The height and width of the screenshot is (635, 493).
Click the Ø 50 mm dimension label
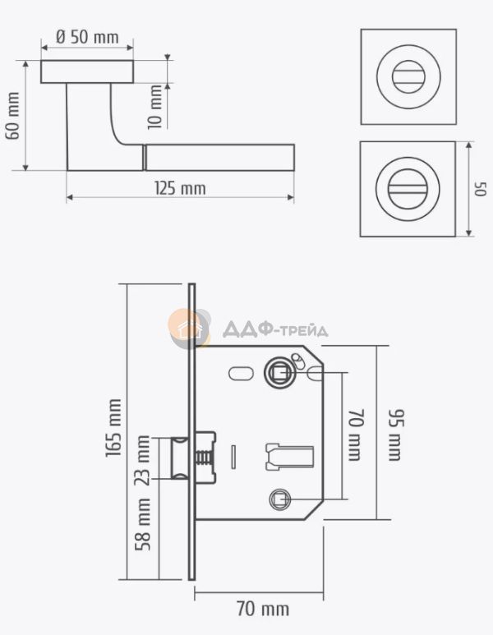(87, 37)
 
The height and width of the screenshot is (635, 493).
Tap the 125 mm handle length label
(180, 188)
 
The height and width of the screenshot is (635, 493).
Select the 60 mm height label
(12, 116)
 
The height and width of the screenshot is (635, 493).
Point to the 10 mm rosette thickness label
(154, 107)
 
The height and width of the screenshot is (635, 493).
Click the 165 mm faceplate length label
(113, 428)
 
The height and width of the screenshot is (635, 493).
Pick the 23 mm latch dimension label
(142, 460)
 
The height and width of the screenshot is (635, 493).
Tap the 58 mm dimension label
(143, 524)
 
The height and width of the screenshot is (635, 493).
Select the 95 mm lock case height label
(396, 435)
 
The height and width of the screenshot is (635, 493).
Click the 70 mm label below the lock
(262, 609)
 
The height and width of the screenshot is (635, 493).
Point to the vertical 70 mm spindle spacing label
(356, 435)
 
